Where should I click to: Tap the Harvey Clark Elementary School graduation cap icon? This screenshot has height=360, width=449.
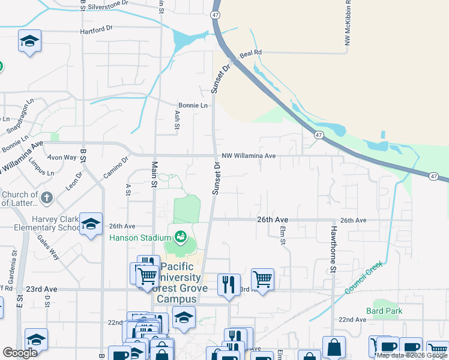click(x=90, y=224)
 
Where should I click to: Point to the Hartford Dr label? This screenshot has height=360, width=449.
click(x=97, y=29)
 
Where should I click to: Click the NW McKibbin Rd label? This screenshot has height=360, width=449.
click(x=348, y=28)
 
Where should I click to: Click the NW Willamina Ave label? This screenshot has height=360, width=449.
click(x=249, y=156)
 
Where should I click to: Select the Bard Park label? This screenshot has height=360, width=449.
click(x=384, y=311)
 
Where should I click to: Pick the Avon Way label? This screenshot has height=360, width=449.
click(x=62, y=158)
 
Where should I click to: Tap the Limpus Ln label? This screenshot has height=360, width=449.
click(x=41, y=165)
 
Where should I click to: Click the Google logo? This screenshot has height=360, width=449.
click(x=20, y=353)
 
